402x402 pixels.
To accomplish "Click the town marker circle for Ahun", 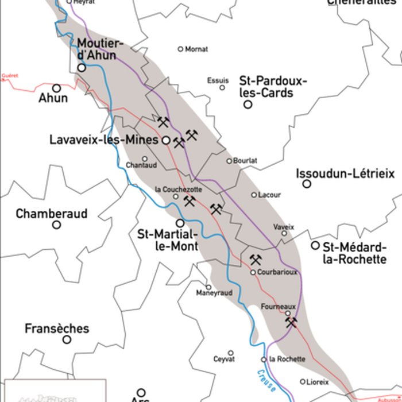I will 57,88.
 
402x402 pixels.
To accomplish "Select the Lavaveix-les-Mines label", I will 103,140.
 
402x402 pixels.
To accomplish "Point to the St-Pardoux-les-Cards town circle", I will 248,105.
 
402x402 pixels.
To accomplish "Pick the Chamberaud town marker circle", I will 57,225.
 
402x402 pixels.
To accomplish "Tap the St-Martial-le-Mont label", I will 168,240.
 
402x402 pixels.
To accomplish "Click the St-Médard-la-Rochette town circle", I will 315,245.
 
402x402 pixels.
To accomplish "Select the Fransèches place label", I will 57,328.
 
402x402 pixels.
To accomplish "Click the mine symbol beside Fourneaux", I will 292,323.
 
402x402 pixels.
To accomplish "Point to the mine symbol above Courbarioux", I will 256,260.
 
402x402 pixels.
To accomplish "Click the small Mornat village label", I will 196,49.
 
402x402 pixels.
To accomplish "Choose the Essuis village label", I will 218,80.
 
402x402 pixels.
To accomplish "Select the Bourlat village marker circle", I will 229,161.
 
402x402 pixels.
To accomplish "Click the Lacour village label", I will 269,195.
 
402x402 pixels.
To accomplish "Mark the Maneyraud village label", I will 214,293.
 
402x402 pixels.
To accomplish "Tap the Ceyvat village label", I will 224,359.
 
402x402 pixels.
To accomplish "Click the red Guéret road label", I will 10,75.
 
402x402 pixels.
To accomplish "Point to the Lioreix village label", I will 318,381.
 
